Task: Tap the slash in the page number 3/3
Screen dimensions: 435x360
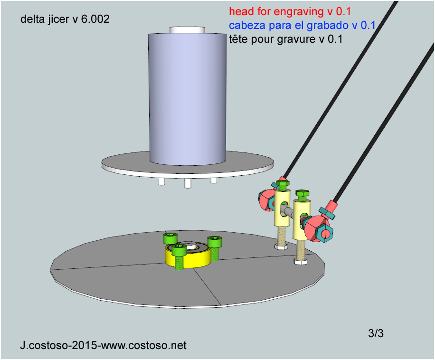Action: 376,333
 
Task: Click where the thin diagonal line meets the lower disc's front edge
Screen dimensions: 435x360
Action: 221,305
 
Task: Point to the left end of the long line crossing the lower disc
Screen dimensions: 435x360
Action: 50,270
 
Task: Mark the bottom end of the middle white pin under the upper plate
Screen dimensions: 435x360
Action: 188,187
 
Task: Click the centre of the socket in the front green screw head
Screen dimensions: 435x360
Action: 179,246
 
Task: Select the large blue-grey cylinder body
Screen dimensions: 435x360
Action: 188,98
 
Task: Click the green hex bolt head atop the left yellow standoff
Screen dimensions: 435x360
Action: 283,185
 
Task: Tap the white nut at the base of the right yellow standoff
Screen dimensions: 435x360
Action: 301,261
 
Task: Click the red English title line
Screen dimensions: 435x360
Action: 290,11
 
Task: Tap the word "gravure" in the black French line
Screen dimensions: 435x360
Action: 297,39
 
